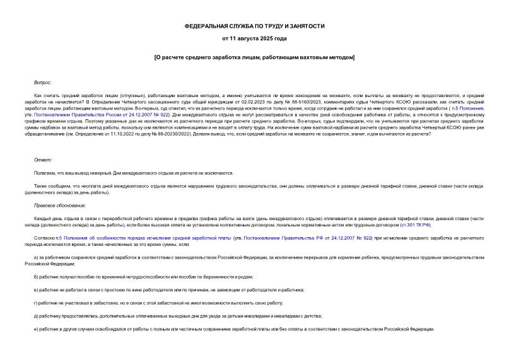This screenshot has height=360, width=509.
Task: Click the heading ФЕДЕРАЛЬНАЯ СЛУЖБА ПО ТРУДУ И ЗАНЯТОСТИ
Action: (254, 27)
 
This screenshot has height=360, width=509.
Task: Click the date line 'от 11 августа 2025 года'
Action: (254, 39)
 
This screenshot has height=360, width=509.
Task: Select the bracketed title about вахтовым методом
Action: (254, 57)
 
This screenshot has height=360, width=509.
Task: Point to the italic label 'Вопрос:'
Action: (43, 83)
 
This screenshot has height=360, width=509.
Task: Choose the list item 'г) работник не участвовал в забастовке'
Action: (158, 303)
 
